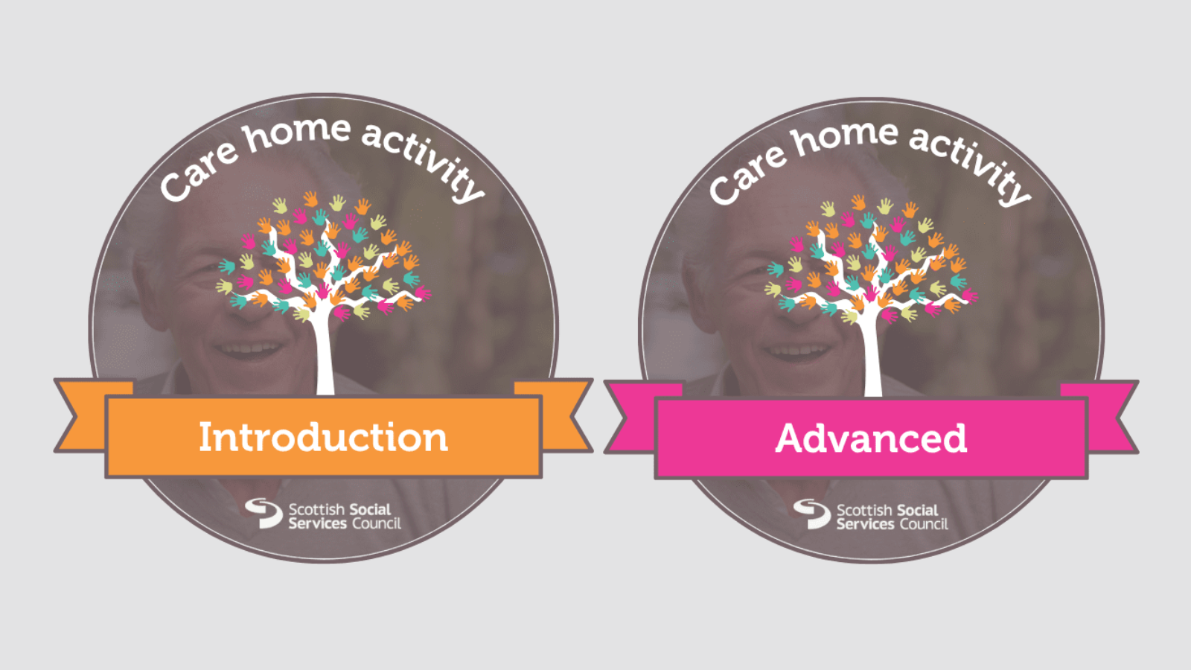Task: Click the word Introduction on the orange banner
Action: coord(323,437)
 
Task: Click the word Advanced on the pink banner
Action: coord(871,438)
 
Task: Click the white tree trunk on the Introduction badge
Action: coord(325,357)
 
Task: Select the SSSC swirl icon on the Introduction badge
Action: coord(264,513)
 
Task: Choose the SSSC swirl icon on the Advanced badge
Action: coord(811,514)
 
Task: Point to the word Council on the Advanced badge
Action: coord(924,524)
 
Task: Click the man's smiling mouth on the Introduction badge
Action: coord(249,348)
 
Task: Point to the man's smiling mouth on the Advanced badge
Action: coord(797,350)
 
